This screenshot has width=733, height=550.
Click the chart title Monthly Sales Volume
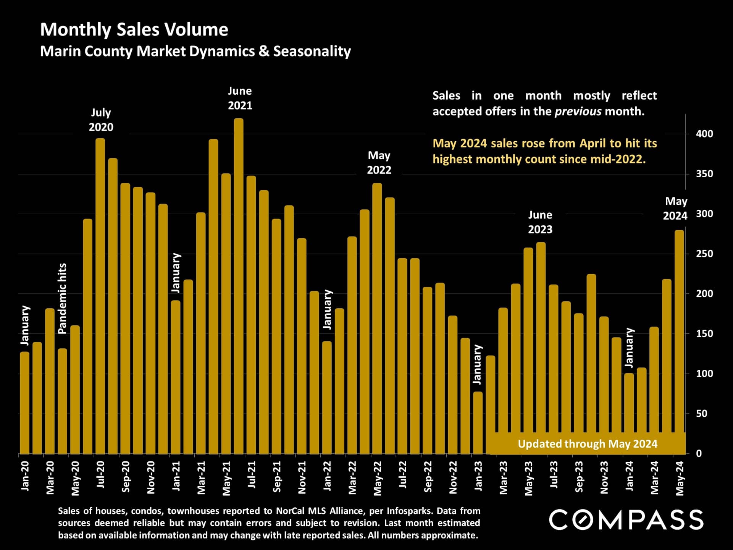pos(134,29)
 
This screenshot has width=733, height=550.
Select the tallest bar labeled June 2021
pos(239,286)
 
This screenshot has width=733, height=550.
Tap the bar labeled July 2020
pos(100,296)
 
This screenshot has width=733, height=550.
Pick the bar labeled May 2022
pos(377,319)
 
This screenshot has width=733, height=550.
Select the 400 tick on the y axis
pos(704,134)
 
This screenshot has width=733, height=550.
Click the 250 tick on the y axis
pos(704,254)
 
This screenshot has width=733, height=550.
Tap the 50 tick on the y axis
pos(702,414)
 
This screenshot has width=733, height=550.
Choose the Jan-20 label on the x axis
pos(25,476)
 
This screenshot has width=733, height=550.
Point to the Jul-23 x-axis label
pos(554,474)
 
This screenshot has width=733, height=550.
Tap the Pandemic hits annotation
pos(62,299)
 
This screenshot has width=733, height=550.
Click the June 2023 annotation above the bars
pos(540,222)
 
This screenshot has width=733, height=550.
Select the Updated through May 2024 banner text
pos(588,444)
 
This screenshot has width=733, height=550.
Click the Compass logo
pos(626,520)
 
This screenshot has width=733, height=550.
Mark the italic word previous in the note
pos(578,112)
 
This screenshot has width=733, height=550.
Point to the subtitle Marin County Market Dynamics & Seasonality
pos(195,51)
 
